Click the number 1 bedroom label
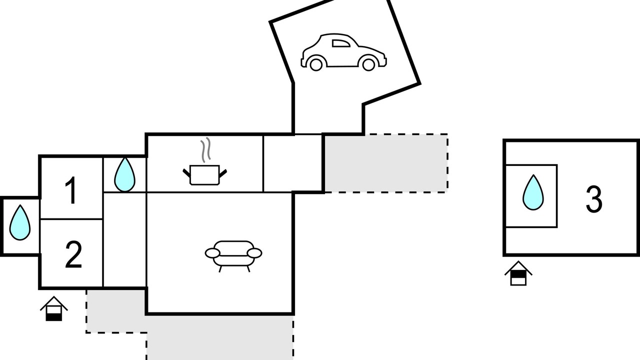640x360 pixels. click(x=71, y=191)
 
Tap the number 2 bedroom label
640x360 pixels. click(x=73, y=255)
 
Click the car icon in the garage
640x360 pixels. click(x=343, y=52)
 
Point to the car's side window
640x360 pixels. click(x=341, y=43)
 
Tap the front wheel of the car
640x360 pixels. click(x=368, y=64)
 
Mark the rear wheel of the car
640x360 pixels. click(x=316, y=64)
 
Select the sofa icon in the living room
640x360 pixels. click(x=233, y=253)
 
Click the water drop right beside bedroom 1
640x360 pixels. click(x=124, y=174)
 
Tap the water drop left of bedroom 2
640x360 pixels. click(x=20, y=222)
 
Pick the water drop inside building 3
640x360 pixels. click(x=533, y=192)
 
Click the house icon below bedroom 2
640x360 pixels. click(x=53, y=309)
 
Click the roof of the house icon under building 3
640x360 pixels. click(x=518, y=266)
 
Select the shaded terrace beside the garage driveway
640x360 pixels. click(x=385, y=163)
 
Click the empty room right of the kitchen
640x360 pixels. click(x=292, y=163)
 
